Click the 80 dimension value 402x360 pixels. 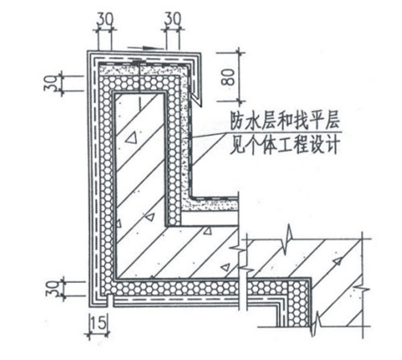pos(228,77)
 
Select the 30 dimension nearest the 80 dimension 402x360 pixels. pos(173,19)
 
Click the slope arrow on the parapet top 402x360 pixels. pos(146,48)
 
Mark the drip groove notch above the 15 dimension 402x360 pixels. pos(110,297)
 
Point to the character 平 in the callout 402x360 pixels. pos(316,121)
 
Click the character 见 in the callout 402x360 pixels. pos(238,145)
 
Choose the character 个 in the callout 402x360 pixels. pos(253,145)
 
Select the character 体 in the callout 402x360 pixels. pos(269,145)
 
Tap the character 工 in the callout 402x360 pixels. pos(285,145)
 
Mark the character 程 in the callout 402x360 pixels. pos(300,145)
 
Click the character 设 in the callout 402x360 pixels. pos(316,145)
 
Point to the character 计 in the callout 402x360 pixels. pos(331,145)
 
